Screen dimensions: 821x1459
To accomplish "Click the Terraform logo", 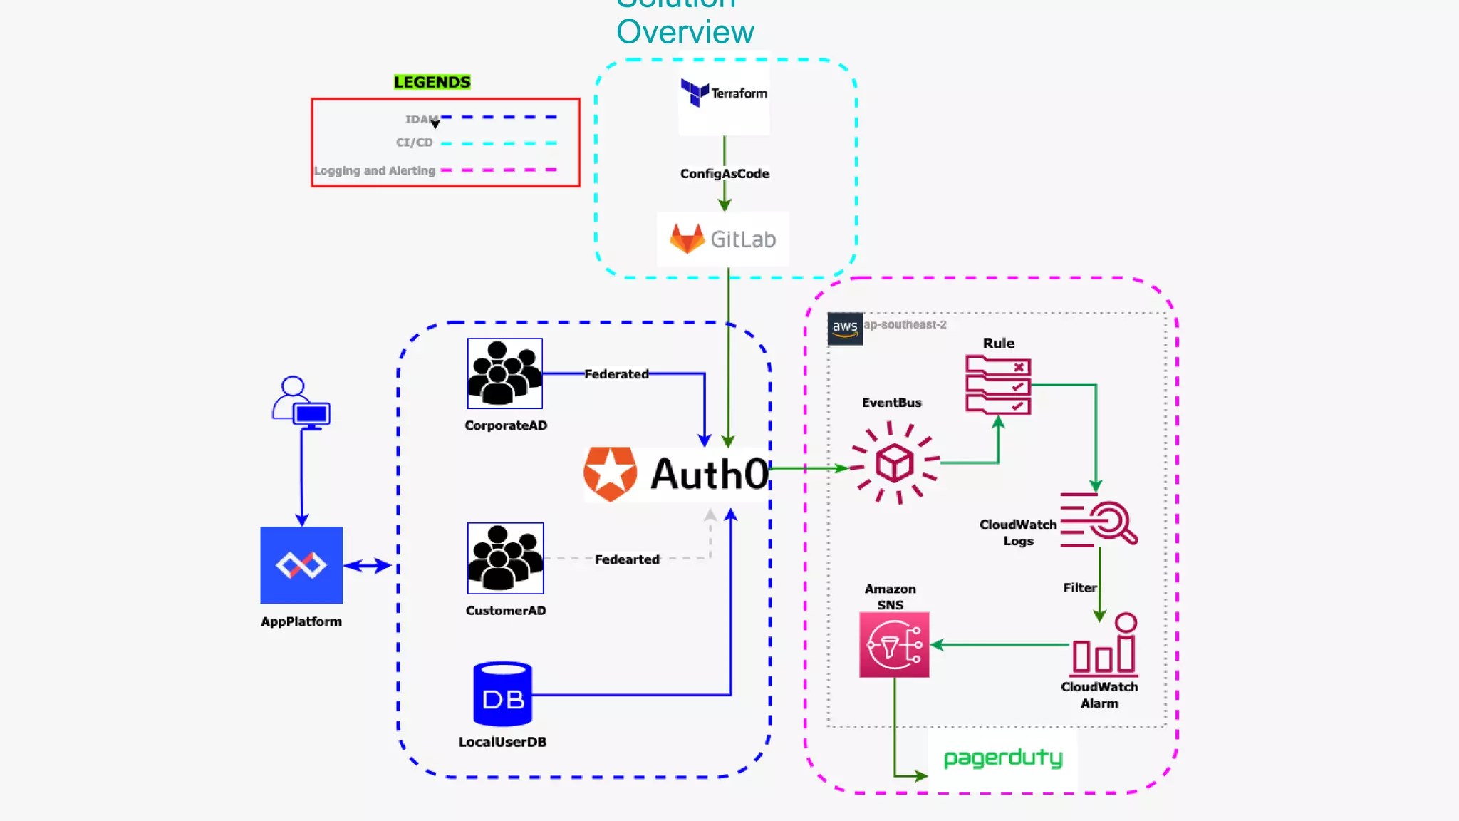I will point(724,93).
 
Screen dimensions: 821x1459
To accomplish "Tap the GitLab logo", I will point(722,239).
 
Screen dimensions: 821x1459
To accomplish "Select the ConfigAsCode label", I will point(725,174).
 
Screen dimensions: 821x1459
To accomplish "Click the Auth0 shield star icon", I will point(610,473).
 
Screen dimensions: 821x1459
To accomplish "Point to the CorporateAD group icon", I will point(504,373).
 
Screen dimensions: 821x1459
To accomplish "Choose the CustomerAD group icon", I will point(505,558).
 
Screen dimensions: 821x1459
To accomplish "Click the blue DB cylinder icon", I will point(503,693).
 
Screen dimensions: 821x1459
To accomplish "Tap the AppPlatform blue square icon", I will point(301,565).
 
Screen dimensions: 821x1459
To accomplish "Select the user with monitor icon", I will point(301,403).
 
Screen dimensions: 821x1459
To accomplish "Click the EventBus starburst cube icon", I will point(894,463).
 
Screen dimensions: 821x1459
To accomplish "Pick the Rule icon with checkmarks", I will point(998,386).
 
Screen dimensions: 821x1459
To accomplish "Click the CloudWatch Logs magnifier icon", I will point(1099,520).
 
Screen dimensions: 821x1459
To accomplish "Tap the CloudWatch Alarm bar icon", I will point(1104,646).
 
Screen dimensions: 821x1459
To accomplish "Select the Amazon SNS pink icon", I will point(894,645).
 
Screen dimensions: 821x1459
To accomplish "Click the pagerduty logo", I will point(1002,758).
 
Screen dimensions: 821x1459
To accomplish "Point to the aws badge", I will point(845,329).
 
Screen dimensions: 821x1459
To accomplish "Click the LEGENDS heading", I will point(432,82).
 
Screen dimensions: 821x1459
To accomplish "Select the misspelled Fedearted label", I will point(627,559).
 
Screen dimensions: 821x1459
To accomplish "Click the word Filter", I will point(1079,588).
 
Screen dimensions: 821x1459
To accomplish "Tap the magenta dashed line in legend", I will point(499,170).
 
